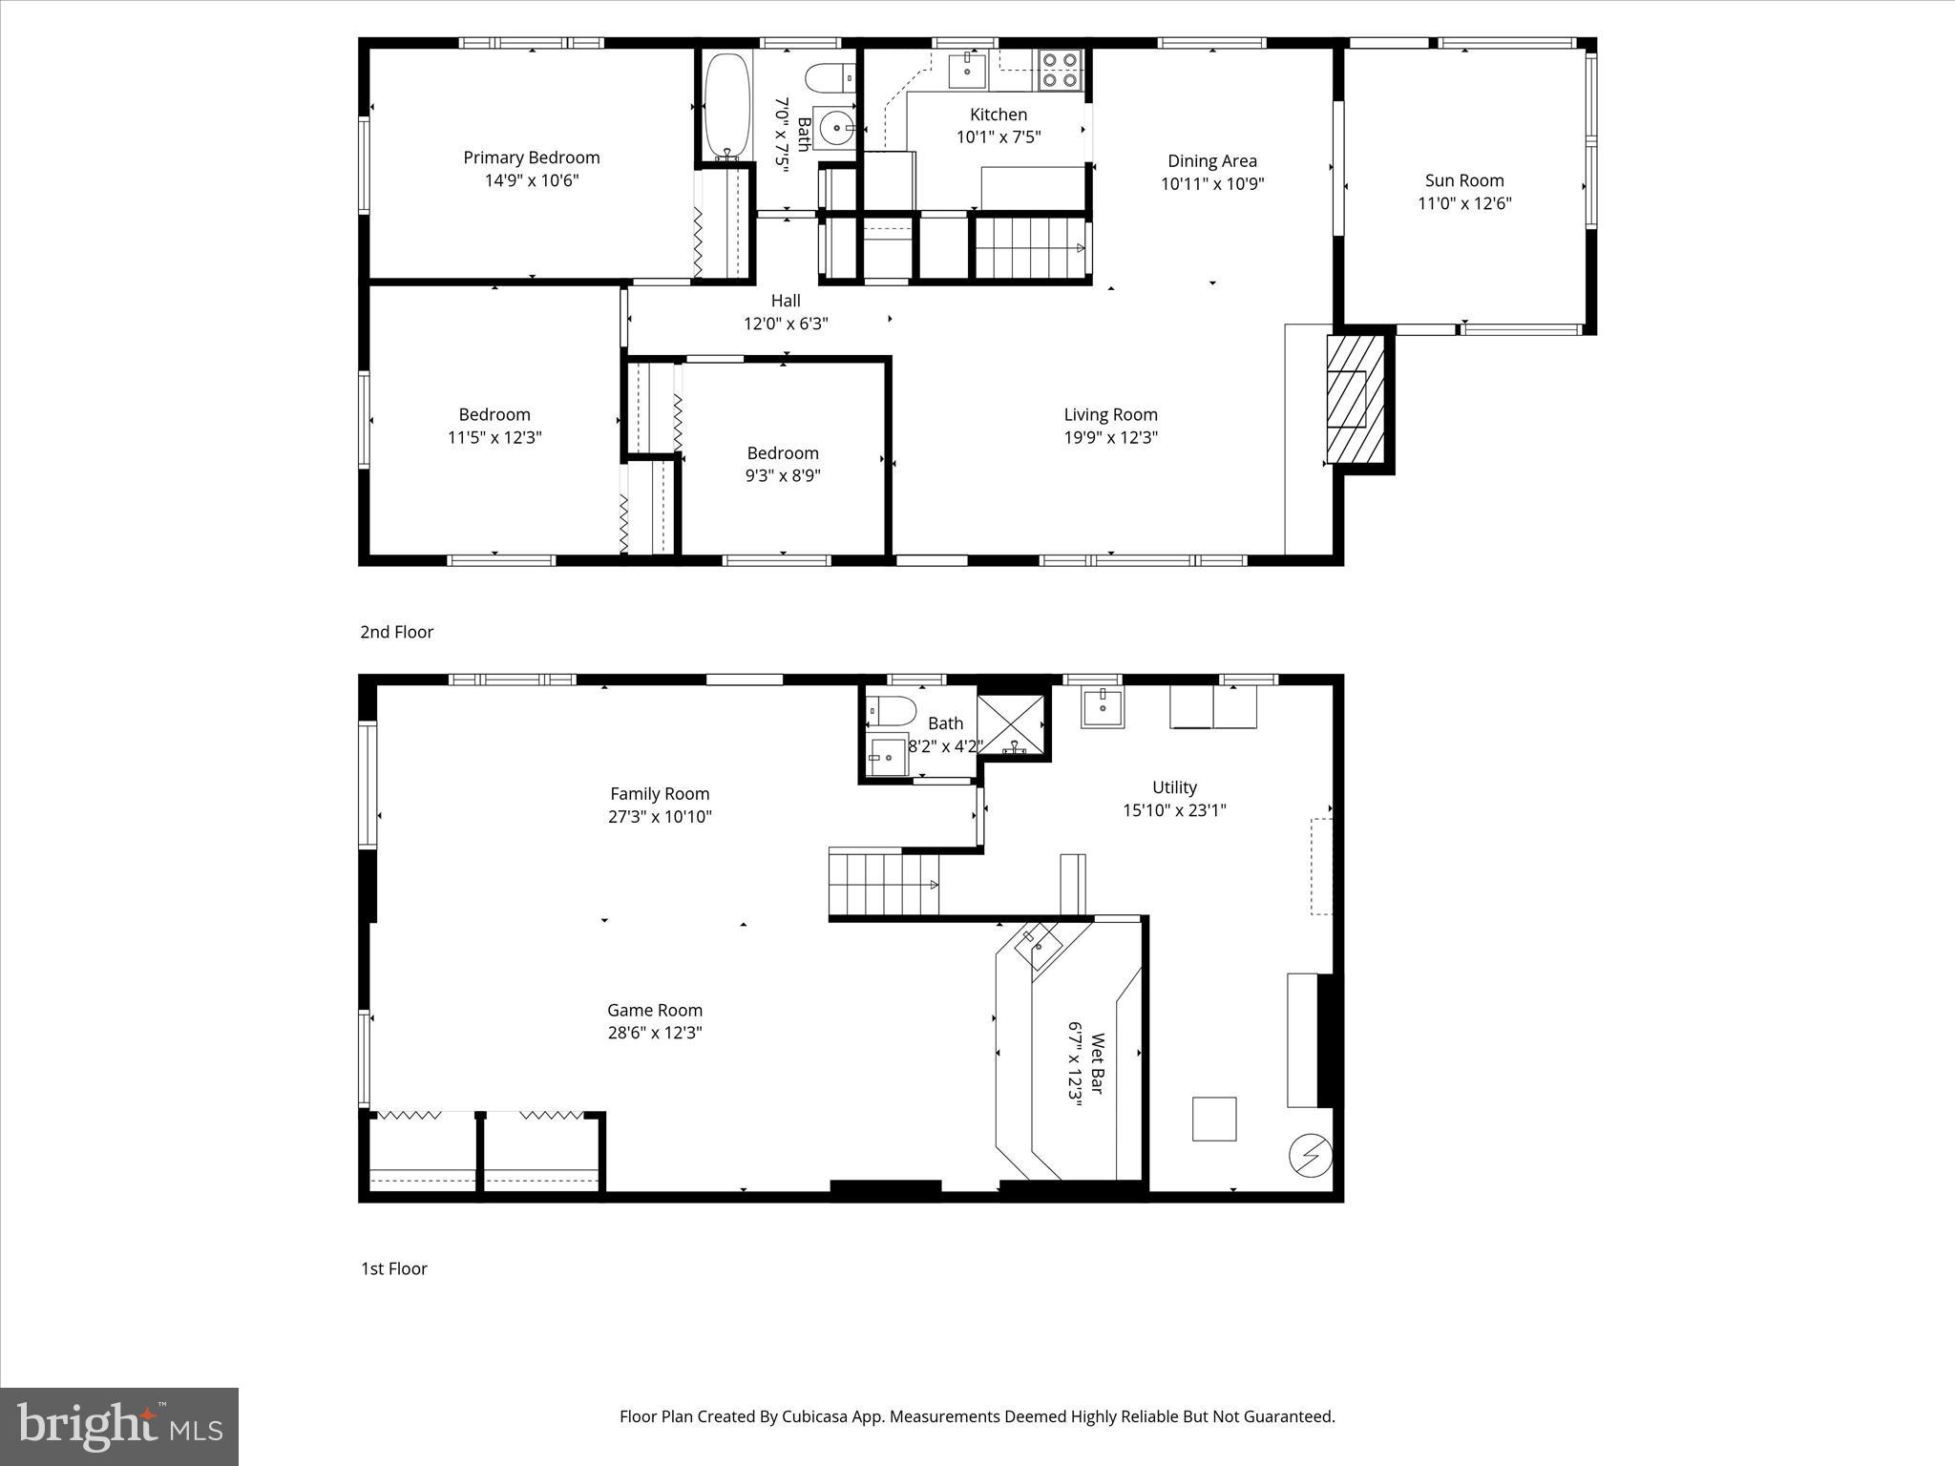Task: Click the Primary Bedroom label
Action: coord(532,157)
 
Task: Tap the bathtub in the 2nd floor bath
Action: coord(727,106)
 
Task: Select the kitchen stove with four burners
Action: coord(1060,69)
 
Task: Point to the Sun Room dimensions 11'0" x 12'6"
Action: coord(1464,203)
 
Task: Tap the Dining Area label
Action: coord(1211,161)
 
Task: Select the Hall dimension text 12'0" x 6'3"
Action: coord(786,324)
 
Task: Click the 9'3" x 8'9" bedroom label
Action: coord(783,465)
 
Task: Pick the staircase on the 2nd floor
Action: coord(1030,247)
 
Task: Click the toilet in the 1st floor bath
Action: coord(890,711)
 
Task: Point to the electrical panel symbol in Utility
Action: coord(1310,1156)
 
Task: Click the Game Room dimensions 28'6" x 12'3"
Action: coord(655,1033)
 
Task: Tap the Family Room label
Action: coord(660,794)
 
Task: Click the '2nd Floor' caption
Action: coord(397,632)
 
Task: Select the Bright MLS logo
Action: coord(119,1426)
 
